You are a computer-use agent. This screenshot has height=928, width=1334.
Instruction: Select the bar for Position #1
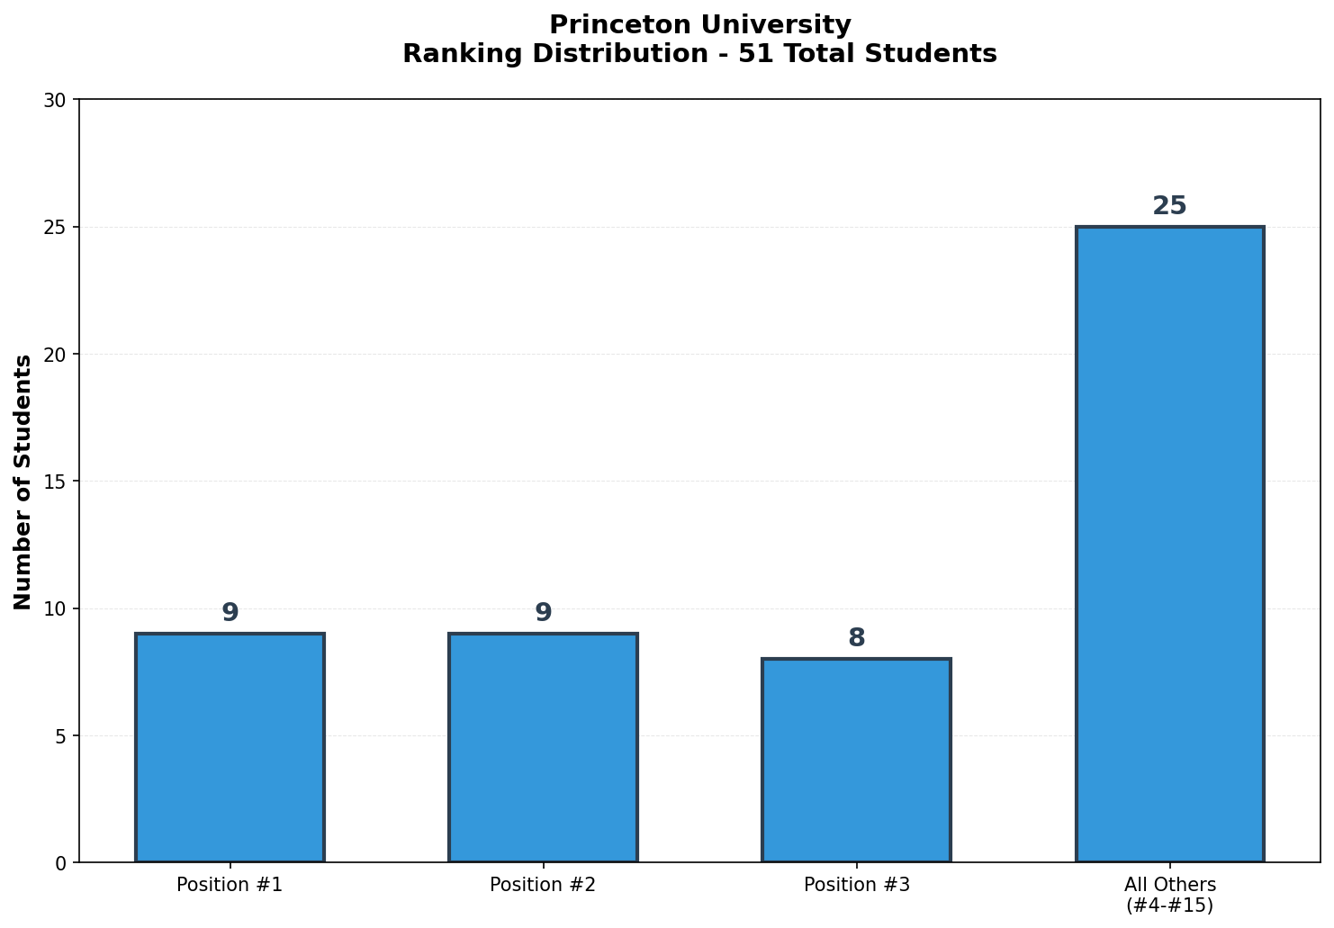click(x=230, y=747)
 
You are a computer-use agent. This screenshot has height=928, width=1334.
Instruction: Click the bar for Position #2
click(x=543, y=747)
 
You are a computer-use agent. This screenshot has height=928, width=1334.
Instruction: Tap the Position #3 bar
click(x=856, y=761)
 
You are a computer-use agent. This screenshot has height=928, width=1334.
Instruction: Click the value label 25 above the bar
click(x=1169, y=206)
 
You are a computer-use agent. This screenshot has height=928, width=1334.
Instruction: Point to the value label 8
click(x=856, y=638)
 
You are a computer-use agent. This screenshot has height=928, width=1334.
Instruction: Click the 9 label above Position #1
click(x=230, y=613)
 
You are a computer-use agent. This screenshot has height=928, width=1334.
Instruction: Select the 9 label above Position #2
click(x=543, y=613)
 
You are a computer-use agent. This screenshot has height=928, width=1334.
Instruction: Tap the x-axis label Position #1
click(x=230, y=885)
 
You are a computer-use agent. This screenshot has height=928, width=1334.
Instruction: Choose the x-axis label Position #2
click(x=543, y=885)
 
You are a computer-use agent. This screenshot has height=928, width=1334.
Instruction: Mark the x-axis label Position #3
click(x=856, y=885)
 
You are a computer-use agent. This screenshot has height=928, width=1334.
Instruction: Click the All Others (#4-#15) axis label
click(x=1169, y=895)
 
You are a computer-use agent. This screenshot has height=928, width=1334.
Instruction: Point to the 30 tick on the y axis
click(x=56, y=100)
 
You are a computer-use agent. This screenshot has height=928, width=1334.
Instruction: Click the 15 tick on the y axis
click(x=56, y=482)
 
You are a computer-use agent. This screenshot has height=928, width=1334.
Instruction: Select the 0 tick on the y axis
click(x=61, y=863)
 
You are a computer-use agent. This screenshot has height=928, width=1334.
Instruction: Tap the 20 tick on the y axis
click(x=56, y=355)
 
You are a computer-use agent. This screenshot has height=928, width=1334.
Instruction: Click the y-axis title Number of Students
click(x=23, y=482)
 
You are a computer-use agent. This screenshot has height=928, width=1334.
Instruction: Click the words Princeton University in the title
click(x=699, y=25)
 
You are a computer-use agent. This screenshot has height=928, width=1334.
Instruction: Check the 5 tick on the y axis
click(x=61, y=736)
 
